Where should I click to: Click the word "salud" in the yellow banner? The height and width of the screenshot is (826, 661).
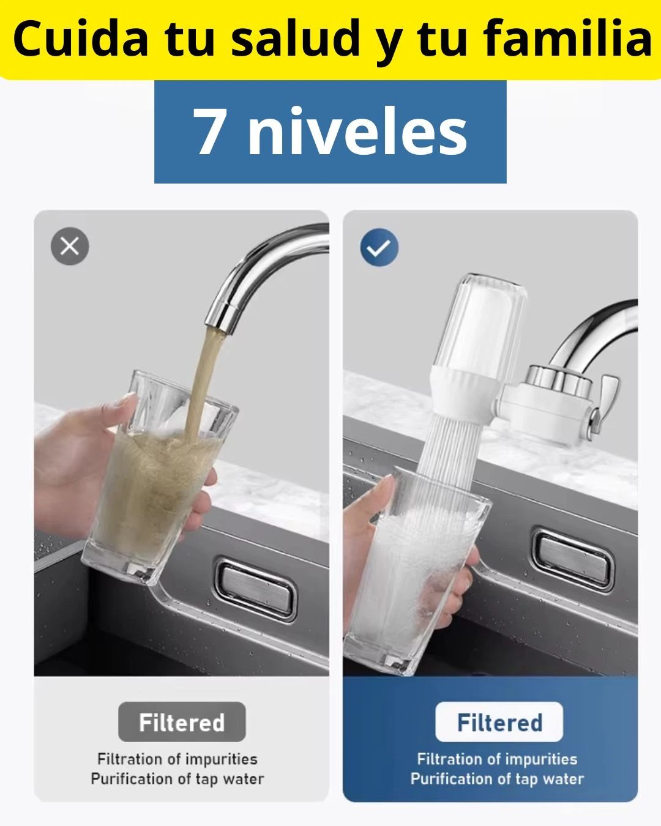pos(297,38)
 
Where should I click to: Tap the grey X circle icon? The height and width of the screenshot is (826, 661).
pos(70,247)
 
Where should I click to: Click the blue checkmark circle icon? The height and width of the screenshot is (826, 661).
pos(379,248)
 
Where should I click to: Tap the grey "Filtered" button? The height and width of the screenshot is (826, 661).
pos(182,722)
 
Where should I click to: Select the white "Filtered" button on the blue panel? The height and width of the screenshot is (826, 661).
pos(499,722)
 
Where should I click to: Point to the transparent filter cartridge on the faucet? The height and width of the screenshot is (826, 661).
pos(484,324)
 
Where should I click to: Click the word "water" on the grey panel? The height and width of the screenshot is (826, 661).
pos(244,779)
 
